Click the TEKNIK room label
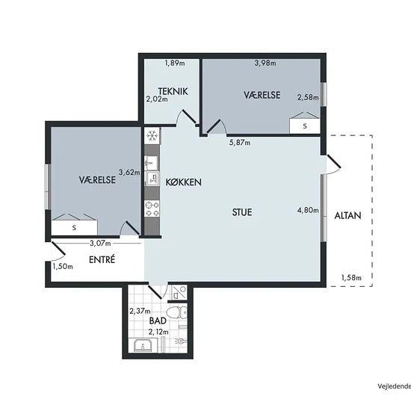[173, 91]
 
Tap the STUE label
[242, 212]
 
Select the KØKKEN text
[184, 182]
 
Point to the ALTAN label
[347, 215]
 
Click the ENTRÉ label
[102, 259]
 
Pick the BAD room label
[158, 321]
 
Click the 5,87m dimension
[240, 143]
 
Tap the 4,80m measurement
[308, 210]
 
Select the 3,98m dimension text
[265, 63]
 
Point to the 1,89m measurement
[175, 63]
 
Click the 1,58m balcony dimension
[351, 277]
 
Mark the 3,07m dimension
[100, 244]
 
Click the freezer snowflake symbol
[152, 135]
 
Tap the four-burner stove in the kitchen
[152, 208]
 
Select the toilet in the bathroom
[177, 312]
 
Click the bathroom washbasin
[143, 345]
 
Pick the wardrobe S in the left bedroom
[74, 227]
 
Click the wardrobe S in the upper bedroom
[305, 126]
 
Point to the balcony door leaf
[334, 161]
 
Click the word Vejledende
[395, 386]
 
